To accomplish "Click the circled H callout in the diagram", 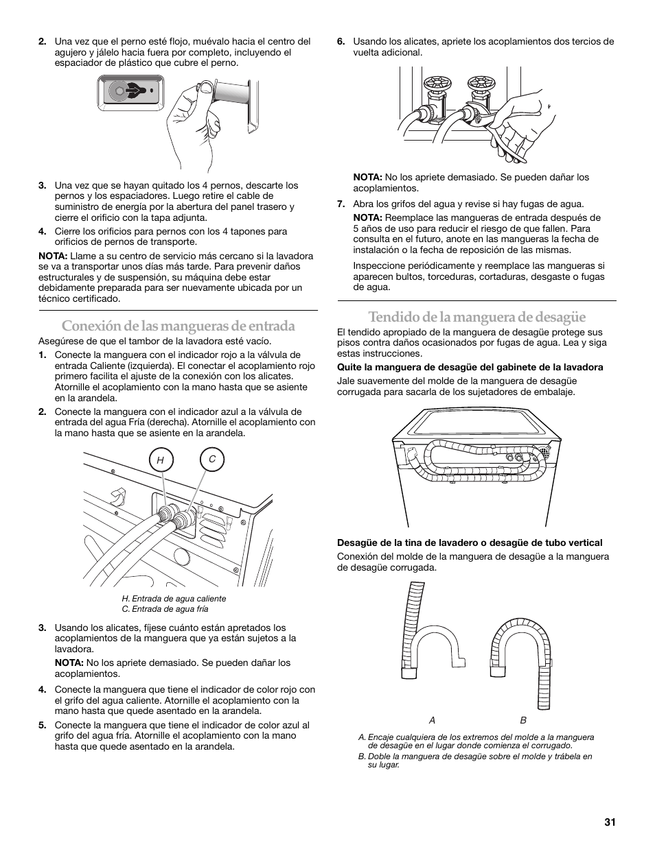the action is click(x=161, y=460).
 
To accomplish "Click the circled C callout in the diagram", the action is click(x=212, y=460).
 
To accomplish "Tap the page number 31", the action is click(x=610, y=822).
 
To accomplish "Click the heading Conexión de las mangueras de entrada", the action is click(x=179, y=326).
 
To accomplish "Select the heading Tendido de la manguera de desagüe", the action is click(x=477, y=317).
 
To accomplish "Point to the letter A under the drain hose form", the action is click(x=433, y=720).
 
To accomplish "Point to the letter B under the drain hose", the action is click(x=524, y=720).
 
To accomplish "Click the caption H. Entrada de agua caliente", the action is click(x=174, y=598).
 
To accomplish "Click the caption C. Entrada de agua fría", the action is click(x=165, y=609).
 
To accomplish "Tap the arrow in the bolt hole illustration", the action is click(x=135, y=91).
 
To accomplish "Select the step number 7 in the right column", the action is click(x=341, y=204).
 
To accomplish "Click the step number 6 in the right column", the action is click(x=341, y=41).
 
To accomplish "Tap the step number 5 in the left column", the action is click(x=42, y=725).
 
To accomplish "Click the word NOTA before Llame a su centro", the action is click(x=53, y=256).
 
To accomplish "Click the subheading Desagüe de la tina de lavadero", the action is click(x=470, y=542).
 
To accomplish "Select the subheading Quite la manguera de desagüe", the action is click(x=470, y=367).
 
